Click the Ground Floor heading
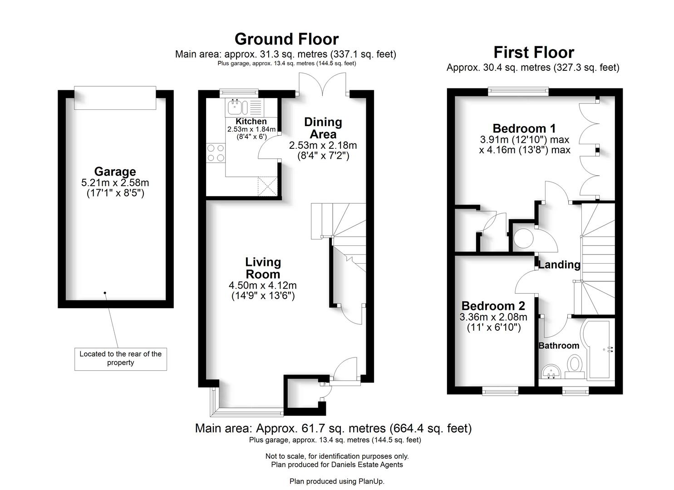click(x=286, y=39)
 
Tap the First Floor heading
click(x=534, y=52)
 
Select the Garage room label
click(x=115, y=171)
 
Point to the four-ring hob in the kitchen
click(x=216, y=153)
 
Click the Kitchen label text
click(x=251, y=121)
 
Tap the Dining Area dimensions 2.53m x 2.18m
click(x=323, y=145)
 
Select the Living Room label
click(x=263, y=268)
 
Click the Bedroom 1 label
click(x=524, y=128)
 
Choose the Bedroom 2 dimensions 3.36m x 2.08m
click(x=493, y=317)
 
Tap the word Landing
click(x=559, y=265)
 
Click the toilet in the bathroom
click(x=575, y=366)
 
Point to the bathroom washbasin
click(x=551, y=372)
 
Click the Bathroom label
click(x=559, y=346)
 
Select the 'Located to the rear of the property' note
click(x=121, y=358)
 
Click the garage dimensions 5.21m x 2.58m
click(x=115, y=182)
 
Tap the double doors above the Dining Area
click(x=323, y=84)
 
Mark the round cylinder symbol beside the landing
click(x=523, y=239)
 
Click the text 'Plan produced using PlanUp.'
click(x=337, y=481)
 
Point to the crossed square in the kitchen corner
click(x=267, y=187)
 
